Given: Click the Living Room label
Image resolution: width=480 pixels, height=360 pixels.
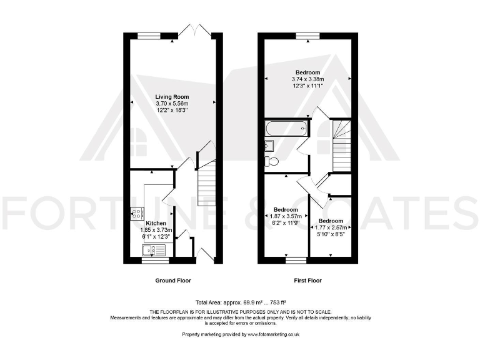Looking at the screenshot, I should pyautogui.click(x=172, y=96).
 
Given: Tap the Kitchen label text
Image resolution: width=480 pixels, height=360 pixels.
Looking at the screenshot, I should pyautogui.click(x=156, y=223).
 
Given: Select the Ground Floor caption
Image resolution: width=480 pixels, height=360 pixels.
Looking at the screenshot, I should pyautogui.click(x=173, y=281).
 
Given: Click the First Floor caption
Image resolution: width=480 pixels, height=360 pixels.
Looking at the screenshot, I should pyautogui.click(x=307, y=281).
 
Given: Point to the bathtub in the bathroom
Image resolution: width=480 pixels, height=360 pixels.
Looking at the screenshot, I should pyautogui.click(x=286, y=130).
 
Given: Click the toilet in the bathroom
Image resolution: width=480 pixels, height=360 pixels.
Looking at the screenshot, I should pyautogui.click(x=272, y=161).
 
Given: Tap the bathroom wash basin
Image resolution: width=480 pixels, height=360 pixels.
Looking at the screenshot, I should pyautogui.click(x=269, y=146).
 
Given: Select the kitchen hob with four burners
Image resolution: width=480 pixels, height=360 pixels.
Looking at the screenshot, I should pyautogui.click(x=136, y=214).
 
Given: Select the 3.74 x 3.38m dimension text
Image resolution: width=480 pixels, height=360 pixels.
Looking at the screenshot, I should pyautogui.click(x=307, y=79).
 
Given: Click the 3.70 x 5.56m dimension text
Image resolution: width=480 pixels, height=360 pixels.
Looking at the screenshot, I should pyautogui.click(x=172, y=103).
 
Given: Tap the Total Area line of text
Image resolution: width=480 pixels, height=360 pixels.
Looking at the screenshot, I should pyautogui.click(x=239, y=301).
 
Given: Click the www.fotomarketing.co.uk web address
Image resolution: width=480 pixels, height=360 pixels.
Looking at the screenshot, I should pyautogui.click(x=274, y=335).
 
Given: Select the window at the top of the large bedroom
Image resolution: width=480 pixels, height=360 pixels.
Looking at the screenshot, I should pyautogui.click(x=304, y=36).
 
